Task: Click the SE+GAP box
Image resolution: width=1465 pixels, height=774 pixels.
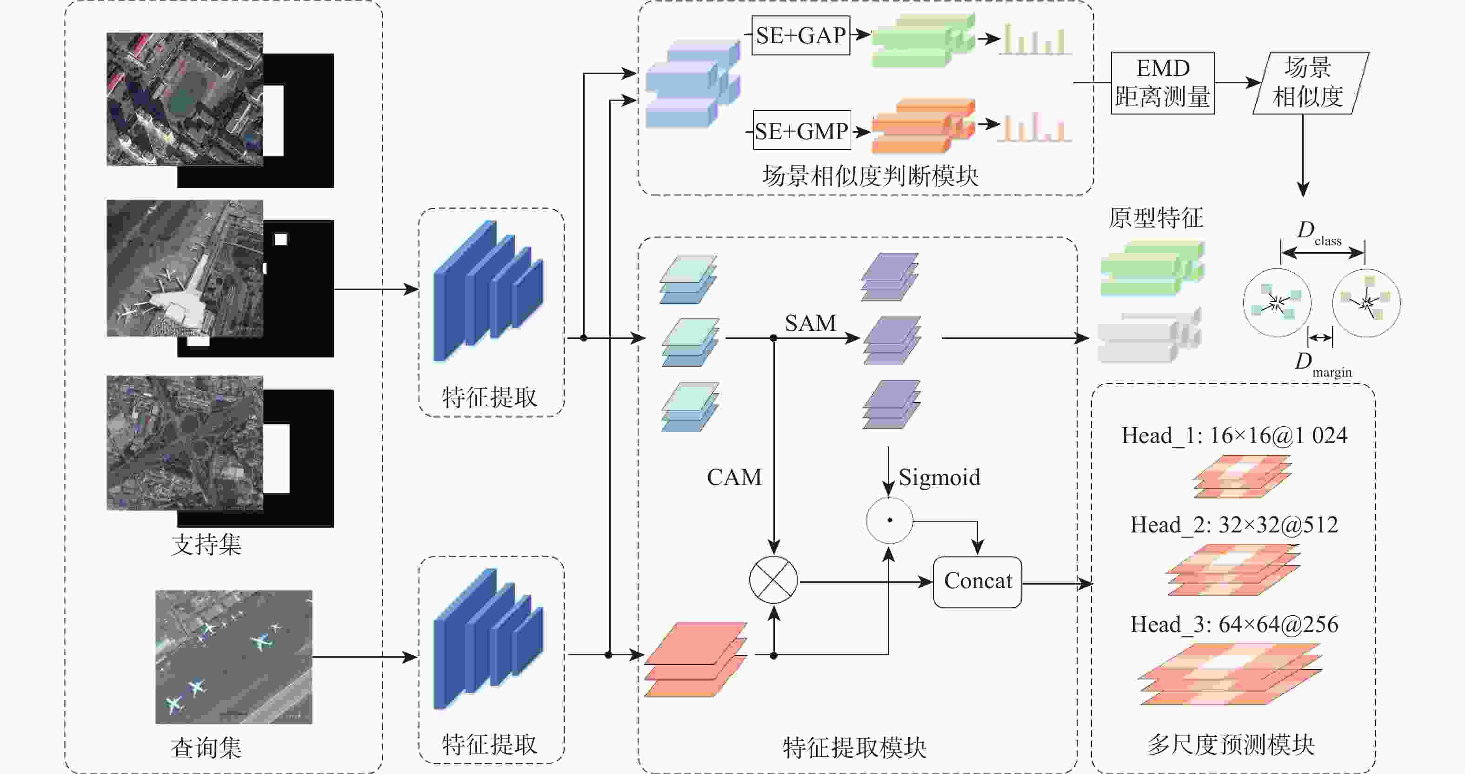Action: pos(801,36)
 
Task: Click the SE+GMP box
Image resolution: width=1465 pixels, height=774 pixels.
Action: pos(801,131)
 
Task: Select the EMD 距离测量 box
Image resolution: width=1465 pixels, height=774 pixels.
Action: pos(1162,83)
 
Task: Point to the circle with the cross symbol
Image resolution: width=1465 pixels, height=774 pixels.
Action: pos(773,580)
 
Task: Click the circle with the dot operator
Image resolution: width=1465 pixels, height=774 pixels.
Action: pos(889,520)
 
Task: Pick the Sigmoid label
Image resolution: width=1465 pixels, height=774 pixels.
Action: pos(939,478)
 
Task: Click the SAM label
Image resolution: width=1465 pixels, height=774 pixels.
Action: pos(811,323)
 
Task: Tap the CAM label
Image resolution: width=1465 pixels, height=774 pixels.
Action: pos(733,478)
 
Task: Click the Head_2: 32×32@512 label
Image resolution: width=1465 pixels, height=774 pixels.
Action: pos(1234,525)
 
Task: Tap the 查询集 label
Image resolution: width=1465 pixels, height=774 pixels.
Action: pos(206,748)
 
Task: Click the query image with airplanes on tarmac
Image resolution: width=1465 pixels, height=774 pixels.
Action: pos(234,657)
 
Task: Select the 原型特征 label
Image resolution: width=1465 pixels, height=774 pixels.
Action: pos(1156,218)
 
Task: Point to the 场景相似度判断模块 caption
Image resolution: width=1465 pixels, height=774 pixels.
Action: pos(870,176)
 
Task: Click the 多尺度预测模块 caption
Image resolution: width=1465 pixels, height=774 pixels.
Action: pos(1231,744)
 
